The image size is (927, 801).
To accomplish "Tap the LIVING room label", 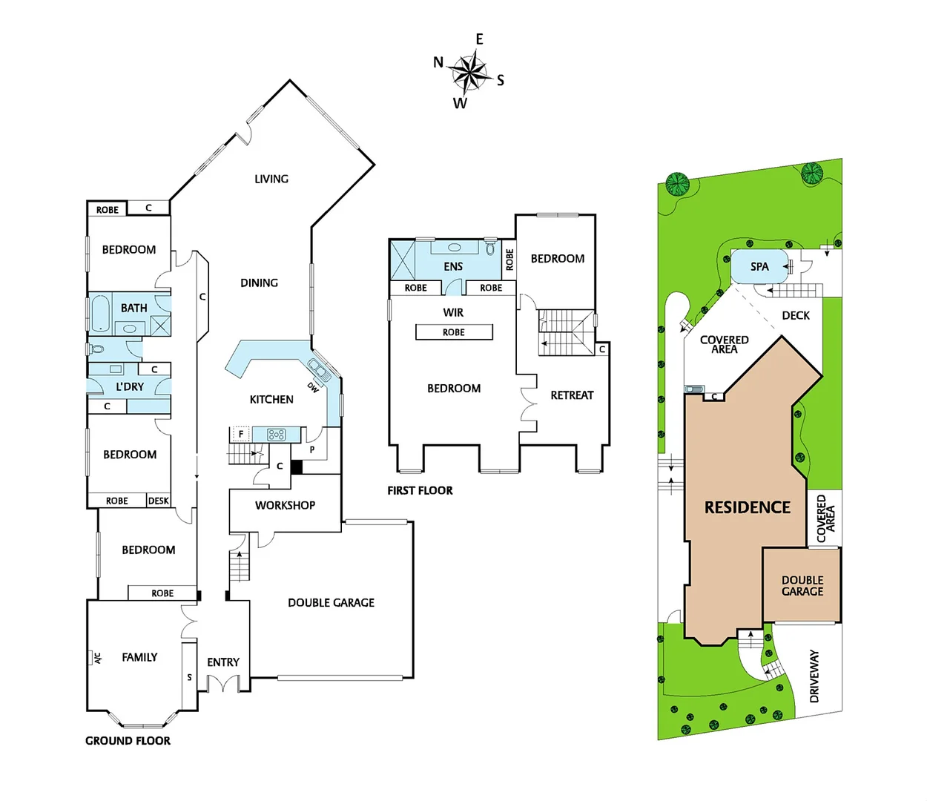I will (271, 179).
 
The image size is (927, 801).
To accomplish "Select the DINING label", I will (259, 283).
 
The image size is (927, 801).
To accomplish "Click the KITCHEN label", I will (271, 400).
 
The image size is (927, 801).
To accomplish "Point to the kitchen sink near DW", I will (320, 369).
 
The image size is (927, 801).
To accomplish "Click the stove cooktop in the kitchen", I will (277, 435).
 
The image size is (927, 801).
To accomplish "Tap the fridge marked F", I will (240, 434).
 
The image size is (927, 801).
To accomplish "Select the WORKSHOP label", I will (285, 505).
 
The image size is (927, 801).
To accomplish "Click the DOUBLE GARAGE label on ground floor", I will (331, 603).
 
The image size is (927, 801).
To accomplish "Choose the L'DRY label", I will (130, 386).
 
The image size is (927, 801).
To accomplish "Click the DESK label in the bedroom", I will (158, 501).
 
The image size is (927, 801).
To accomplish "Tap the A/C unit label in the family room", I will (97, 658).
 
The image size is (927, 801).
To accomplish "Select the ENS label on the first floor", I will (453, 266).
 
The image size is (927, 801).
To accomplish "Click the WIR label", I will (453, 312).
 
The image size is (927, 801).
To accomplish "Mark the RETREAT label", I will (572, 395).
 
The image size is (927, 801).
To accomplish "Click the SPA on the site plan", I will (759, 266).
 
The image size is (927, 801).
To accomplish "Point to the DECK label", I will (796, 315).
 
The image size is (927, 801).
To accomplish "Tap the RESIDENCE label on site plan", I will (747, 507).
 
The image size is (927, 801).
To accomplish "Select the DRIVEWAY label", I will (814, 676).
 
